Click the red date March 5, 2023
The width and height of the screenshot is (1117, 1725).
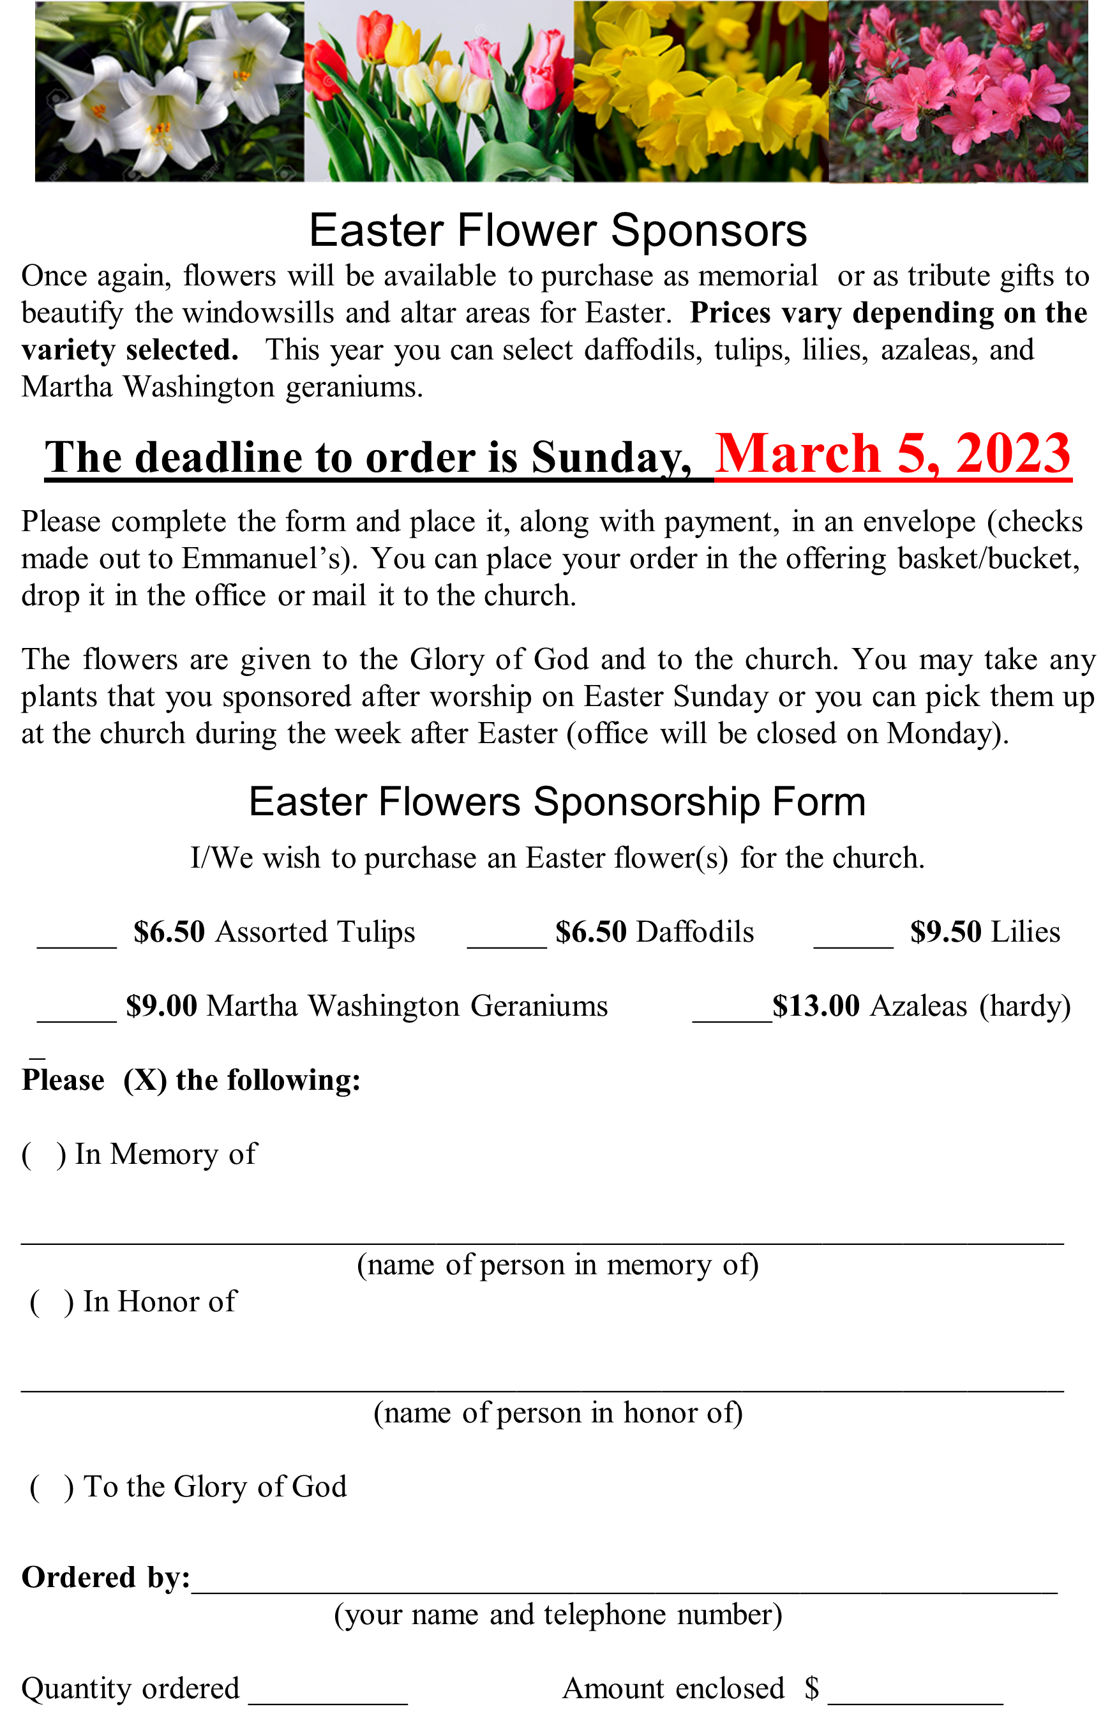pyautogui.click(x=892, y=455)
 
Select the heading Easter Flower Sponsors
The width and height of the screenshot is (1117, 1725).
pyautogui.click(x=557, y=230)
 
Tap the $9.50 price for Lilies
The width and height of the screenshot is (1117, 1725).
pyautogui.click(x=945, y=932)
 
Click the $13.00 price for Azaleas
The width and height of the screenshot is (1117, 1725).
pyautogui.click(x=816, y=1006)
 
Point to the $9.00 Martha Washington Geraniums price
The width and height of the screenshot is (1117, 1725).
pyautogui.click(x=161, y=1006)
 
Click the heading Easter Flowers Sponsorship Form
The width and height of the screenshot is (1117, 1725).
pyautogui.click(x=557, y=802)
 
